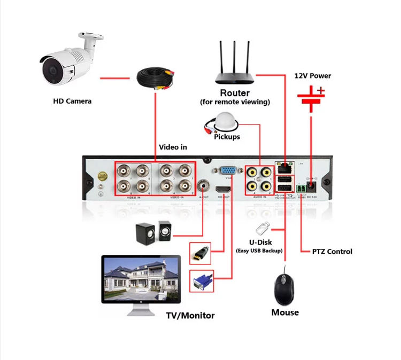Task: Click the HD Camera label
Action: [72, 100]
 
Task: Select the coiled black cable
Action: [155, 77]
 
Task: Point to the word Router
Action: [235, 93]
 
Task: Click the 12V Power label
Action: [313, 76]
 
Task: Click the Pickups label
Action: [227, 137]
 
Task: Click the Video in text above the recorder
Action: [173, 147]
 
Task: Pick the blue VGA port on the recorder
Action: [227, 172]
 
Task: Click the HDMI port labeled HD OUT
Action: [222, 190]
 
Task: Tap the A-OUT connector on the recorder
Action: [203, 187]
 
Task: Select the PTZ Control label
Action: [332, 252]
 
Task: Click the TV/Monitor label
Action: [190, 315]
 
